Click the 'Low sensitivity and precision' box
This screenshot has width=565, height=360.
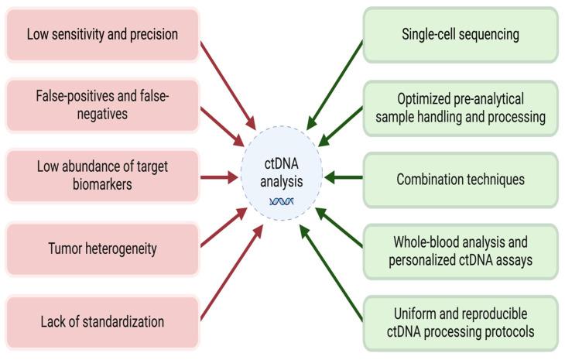click(102, 35)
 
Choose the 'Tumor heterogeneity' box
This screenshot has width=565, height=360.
click(102, 249)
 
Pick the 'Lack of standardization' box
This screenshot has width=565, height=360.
click(102, 321)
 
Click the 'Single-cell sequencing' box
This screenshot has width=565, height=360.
click(460, 35)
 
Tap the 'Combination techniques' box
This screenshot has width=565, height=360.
click(460, 179)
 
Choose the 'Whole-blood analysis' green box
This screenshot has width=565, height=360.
click(460, 249)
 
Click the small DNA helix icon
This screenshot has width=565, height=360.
click(281, 201)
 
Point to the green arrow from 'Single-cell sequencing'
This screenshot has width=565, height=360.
click(334, 84)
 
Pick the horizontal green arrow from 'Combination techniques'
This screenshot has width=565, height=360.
click(342, 179)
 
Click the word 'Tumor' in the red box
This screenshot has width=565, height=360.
click(64, 249)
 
